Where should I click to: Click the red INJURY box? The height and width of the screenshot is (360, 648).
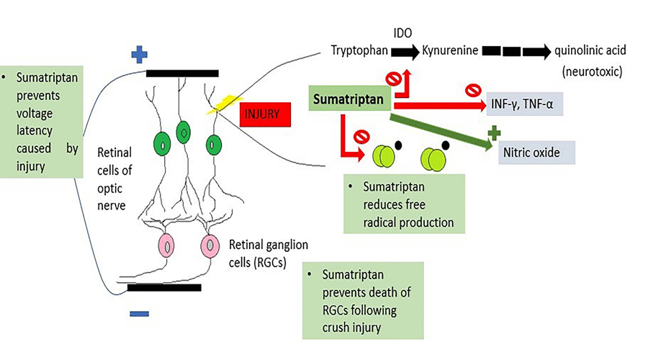(x=265, y=114)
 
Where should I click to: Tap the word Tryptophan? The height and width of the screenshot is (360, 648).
(x=359, y=51)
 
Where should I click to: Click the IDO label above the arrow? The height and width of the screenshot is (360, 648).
(x=403, y=33)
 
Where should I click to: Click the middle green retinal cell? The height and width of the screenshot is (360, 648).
(x=184, y=133)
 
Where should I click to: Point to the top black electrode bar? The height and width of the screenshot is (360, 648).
(x=182, y=73)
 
